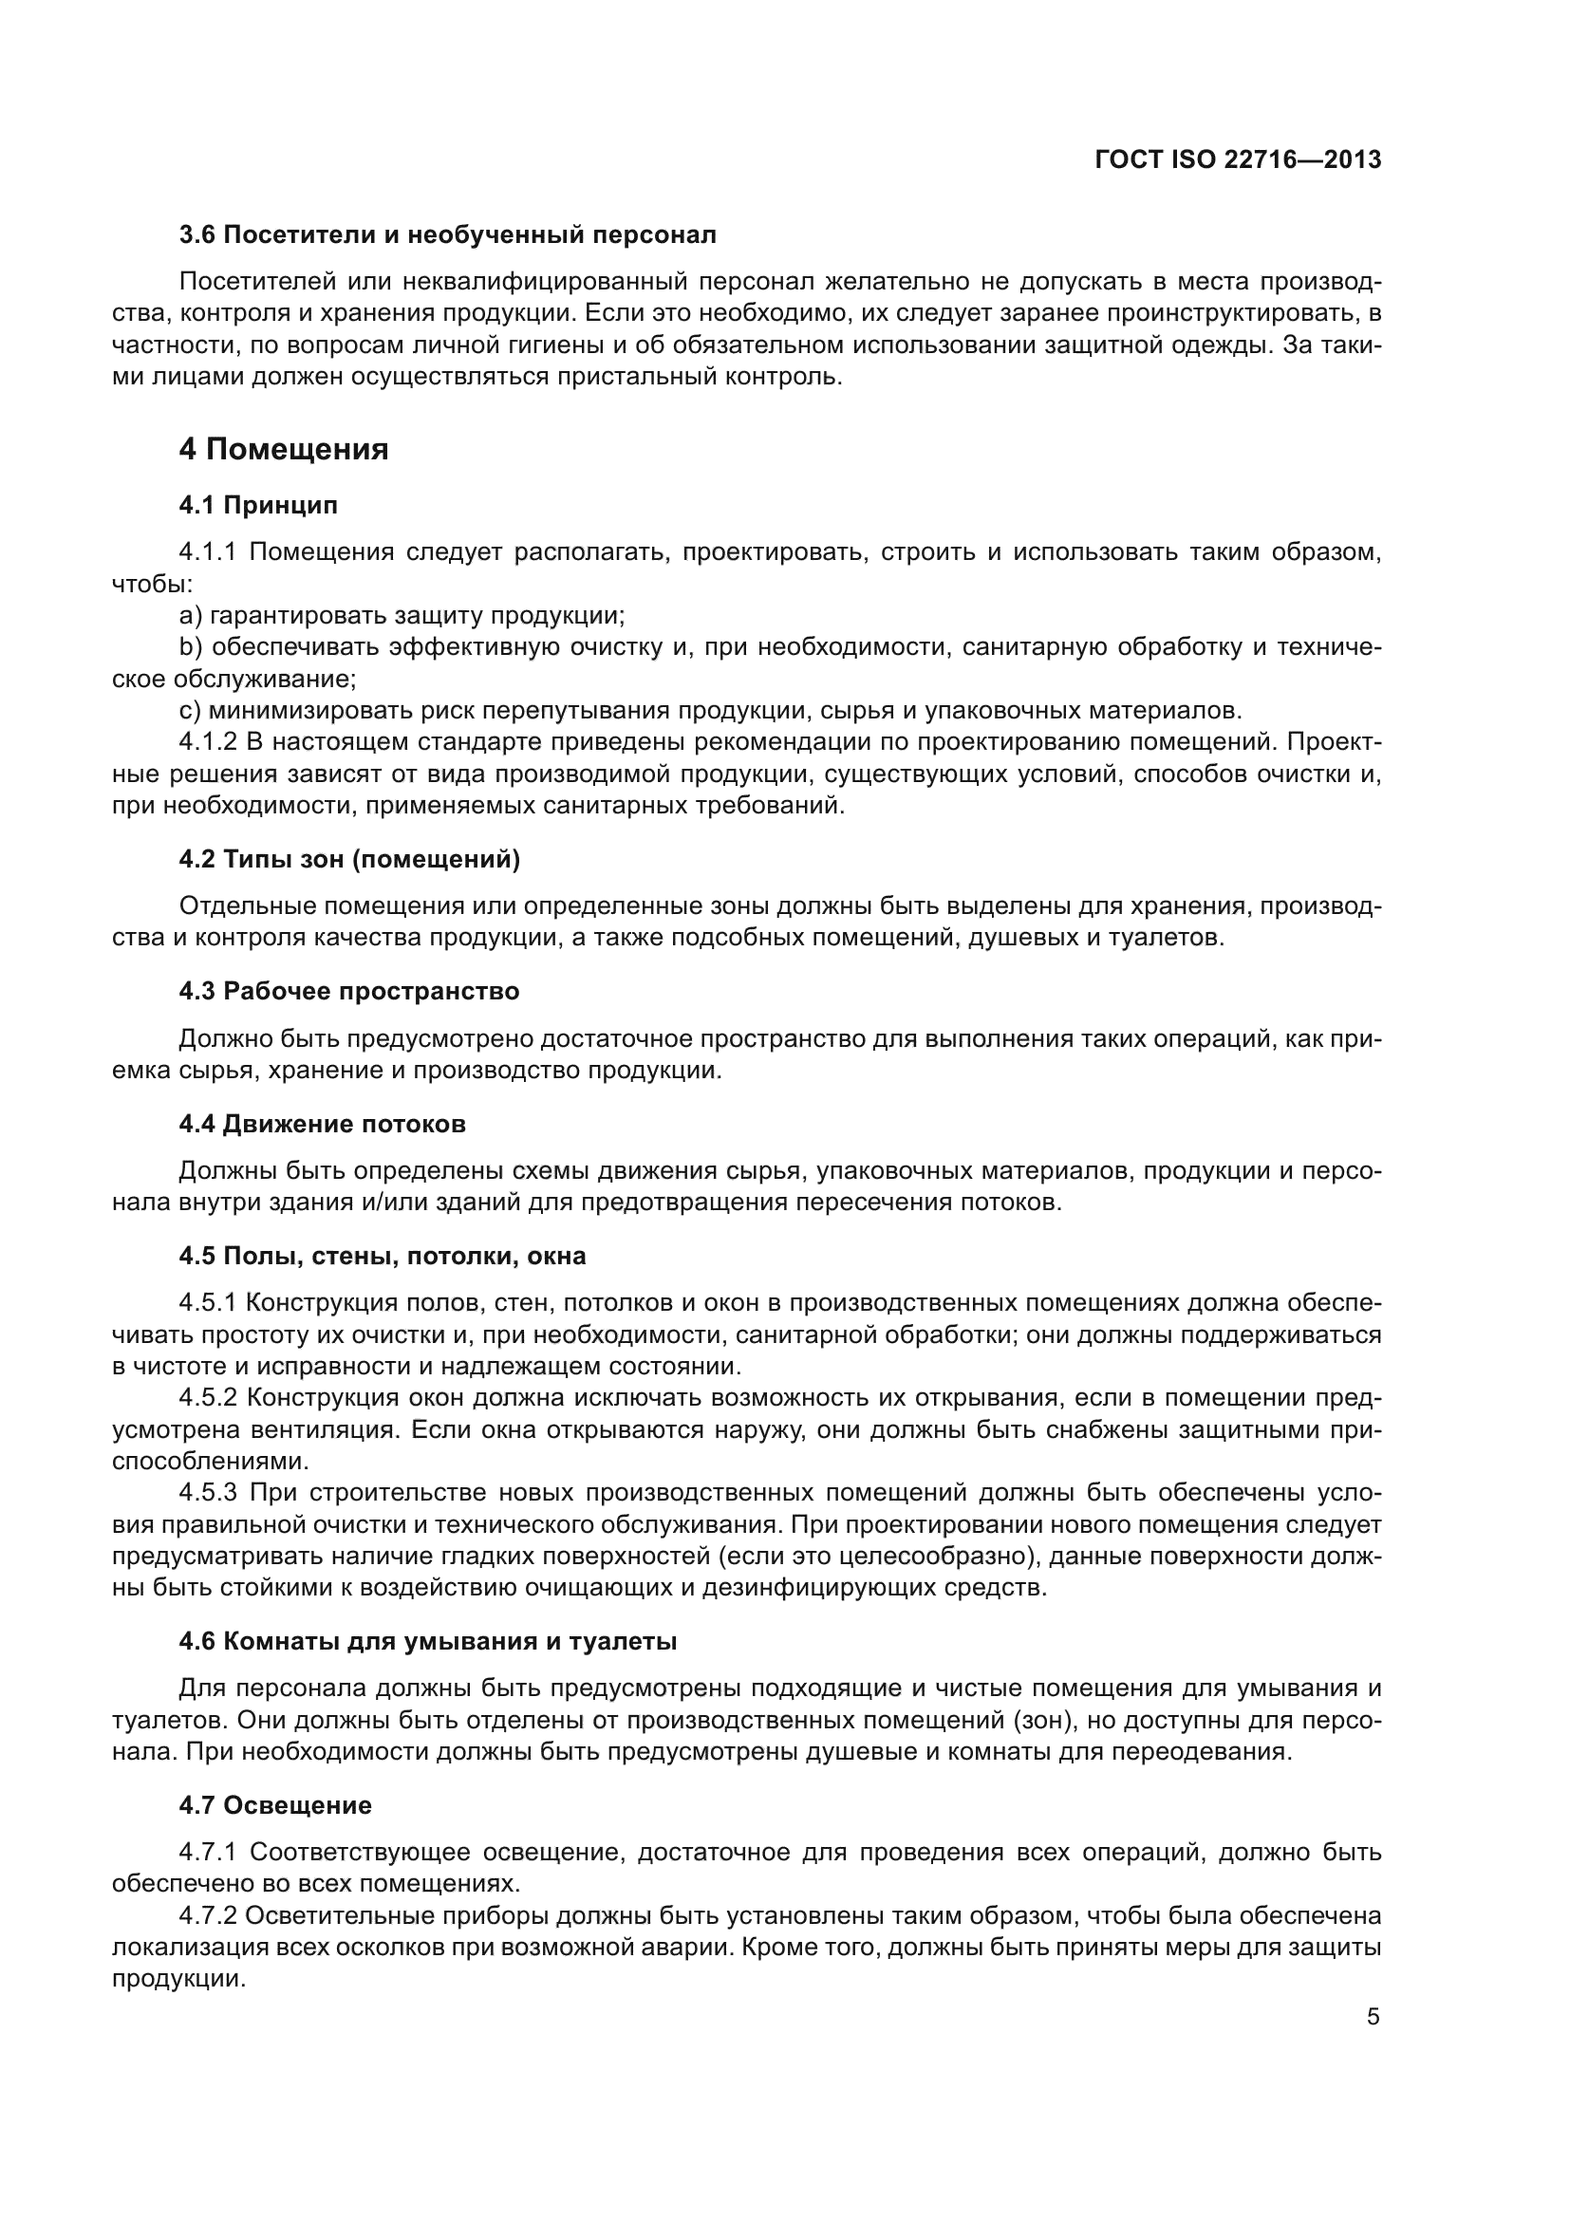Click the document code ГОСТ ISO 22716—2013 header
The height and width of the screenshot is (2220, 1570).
(1238, 160)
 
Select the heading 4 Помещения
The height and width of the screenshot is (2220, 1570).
(283, 450)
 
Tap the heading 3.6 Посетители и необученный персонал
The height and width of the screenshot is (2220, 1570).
(448, 235)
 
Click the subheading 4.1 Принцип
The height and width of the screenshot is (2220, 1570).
(258, 505)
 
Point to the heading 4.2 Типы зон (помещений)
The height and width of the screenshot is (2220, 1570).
(349, 860)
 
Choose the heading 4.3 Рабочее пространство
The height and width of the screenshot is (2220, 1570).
(349, 991)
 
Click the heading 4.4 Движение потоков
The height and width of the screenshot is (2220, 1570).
(322, 1124)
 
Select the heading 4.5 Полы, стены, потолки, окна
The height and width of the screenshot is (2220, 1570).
(382, 1256)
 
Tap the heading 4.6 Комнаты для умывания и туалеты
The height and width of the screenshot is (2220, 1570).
(427, 1641)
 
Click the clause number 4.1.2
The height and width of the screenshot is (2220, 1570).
(208, 742)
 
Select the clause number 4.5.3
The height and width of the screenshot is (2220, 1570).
(208, 1493)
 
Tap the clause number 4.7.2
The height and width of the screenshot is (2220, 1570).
(208, 1915)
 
